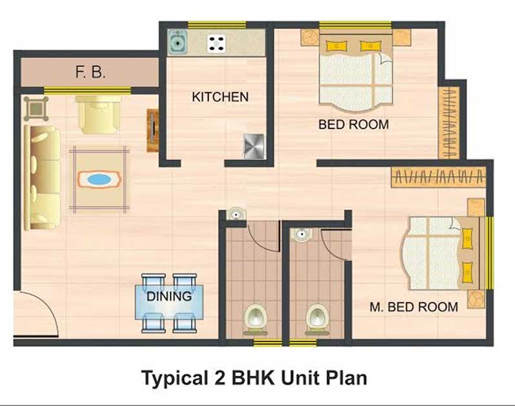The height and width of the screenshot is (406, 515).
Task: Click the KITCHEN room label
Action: [220, 97]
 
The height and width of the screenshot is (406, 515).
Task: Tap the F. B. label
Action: [90, 72]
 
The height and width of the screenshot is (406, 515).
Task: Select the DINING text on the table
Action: [169, 296]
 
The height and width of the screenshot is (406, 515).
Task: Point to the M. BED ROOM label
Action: [414, 307]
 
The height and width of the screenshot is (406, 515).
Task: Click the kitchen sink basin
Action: [177, 43]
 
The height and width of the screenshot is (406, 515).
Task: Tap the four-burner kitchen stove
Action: [217, 43]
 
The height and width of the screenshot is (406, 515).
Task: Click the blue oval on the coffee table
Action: [99, 179]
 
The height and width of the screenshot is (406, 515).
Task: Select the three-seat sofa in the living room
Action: [43, 178]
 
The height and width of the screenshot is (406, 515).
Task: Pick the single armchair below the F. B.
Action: [98, 115]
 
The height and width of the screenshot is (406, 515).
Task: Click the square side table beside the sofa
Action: [36, 108]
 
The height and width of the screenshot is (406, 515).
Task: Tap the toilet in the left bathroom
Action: [255, 319]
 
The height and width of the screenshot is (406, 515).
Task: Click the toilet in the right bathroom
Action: [318, 319]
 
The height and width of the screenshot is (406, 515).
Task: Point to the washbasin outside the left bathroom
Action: [236, 214]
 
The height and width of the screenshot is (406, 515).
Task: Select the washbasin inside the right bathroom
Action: [301, 234]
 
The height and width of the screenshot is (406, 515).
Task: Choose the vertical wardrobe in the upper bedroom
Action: [449, 123]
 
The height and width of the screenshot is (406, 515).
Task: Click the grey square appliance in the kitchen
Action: [254, 147]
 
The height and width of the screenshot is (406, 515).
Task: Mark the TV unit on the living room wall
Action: [153, 130]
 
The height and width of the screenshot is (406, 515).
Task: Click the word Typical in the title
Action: [175, 378]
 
